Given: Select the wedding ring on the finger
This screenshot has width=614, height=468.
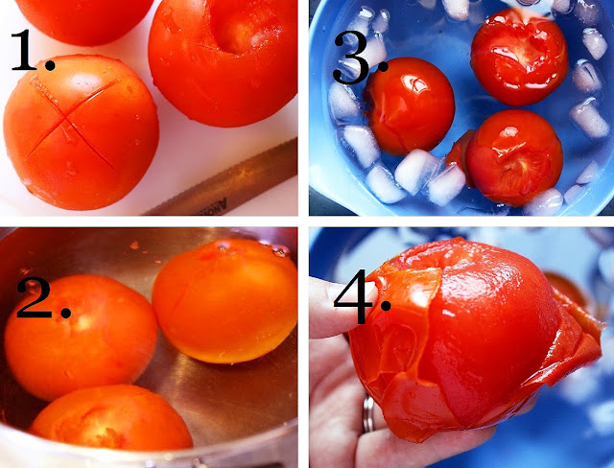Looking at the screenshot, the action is click(x=368, y=413).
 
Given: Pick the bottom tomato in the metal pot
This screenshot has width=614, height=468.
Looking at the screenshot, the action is click(x=111, y=419).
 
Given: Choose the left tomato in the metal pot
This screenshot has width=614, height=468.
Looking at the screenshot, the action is click(x=81, y=338).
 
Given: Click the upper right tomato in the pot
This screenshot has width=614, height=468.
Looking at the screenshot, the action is click(x=225, y=300).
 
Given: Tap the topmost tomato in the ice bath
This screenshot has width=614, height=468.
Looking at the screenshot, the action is click(x=520, y=57).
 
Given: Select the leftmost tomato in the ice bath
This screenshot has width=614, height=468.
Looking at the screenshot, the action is click(x=410, y=105).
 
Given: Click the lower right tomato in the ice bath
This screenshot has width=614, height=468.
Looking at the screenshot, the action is click(x=514, y=157).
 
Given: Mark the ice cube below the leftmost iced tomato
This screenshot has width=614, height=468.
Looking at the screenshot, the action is click(x=417, y=171).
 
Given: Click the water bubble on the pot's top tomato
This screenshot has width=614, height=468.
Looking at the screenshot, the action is click(x=280, y=251).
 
